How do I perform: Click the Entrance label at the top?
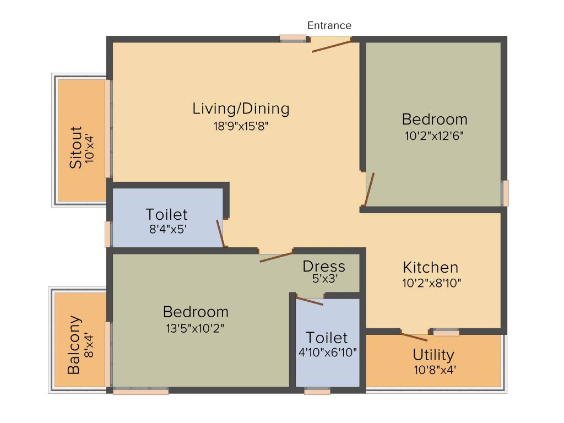coord(329,25)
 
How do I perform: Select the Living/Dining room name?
coord(241,109)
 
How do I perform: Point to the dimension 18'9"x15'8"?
coord(241,126)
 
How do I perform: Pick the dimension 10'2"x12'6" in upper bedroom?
coord(434,136)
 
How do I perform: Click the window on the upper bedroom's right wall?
coord(505,193)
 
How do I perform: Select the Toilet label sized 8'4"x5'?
coord(166,214)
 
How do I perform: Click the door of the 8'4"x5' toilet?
coord(221,233)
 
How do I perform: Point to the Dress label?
coord(324,267)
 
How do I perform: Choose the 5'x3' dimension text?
coord(324,279)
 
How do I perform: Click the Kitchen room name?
coord(431,268)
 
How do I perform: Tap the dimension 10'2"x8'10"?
coord(431,283)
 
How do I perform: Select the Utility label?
coord(433,354)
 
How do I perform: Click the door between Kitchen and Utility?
coord(414,337)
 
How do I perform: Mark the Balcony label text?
coord(74,345)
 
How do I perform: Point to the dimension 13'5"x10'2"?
coord(196,328)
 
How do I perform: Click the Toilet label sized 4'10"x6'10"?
coord(327,337)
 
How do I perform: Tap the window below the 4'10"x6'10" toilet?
coord(317,391)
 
